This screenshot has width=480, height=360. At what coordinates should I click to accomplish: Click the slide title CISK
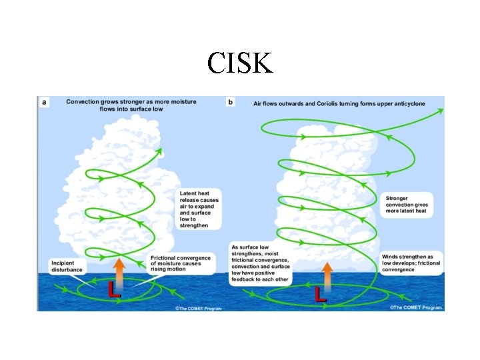[x=239, y=63]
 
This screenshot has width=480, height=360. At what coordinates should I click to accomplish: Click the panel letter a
[x=44, y=102]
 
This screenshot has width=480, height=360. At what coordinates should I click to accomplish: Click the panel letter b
[x=231, y=103]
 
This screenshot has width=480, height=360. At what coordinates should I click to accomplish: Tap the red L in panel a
[x=114, y=289]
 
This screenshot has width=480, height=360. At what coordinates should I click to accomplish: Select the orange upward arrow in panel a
[x=119, y=270]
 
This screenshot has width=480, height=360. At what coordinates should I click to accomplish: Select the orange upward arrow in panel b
[x=327, y=273]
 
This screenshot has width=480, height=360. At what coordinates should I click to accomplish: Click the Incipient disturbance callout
[x=67, y=265]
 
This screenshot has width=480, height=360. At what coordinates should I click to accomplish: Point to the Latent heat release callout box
[x=199, y=209]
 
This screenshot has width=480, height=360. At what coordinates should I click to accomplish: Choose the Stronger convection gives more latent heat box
[x=407, y=204]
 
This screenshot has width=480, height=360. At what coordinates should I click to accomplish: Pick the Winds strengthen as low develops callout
[x=411, y=263]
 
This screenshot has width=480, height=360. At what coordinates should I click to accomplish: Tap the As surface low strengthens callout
[x=261, y=263]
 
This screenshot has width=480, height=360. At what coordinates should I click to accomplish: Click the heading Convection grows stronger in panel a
[x=131, y=105]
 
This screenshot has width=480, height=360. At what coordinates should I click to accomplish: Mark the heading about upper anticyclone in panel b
[x=339, y=104]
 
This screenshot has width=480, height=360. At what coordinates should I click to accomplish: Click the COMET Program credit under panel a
[x=198, y=308]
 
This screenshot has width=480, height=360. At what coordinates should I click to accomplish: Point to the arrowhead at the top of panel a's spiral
[x=159, y=151]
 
